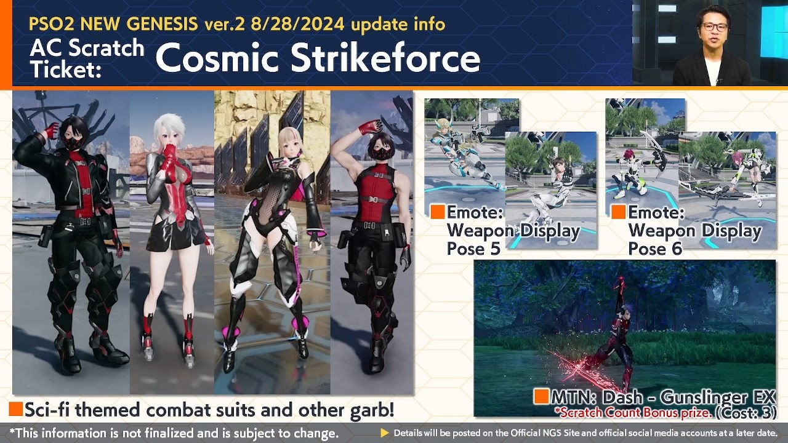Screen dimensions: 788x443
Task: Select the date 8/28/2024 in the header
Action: (297, 24)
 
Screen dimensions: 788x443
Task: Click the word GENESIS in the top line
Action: (162, 24)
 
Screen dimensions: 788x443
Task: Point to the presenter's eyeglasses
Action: (715, 27)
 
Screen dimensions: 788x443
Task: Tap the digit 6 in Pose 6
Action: (676, 249)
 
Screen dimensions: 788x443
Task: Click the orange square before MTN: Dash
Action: (541, 396)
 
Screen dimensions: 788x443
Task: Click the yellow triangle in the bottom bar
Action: (385, 433)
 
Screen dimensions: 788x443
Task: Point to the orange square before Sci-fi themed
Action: (15, 409)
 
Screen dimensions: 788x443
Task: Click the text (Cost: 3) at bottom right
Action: (746, 413)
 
